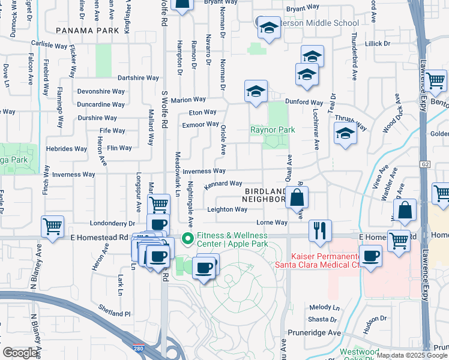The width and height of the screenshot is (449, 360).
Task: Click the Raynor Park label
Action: coord(273,130)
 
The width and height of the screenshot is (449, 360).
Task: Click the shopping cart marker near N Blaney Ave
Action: coord(53,226)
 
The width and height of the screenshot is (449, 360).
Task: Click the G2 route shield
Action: coord(425,164)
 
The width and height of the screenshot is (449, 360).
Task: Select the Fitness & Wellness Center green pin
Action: coord(187,239)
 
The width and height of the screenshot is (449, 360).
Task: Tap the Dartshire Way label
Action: coord(138,78)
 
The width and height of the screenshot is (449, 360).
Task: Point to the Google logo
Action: coord(20,353)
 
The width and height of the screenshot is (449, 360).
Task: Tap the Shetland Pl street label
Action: coord(114,313)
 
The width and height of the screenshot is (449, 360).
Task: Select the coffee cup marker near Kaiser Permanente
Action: coord(370,256)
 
